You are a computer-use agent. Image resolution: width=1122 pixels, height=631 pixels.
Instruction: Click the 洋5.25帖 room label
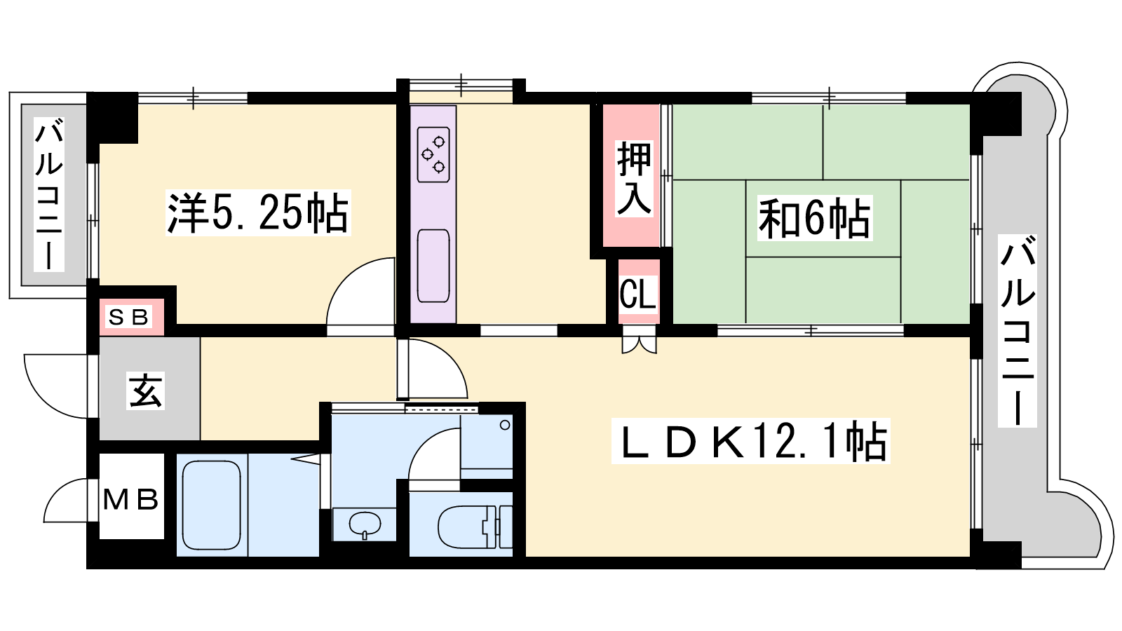click(258, 213)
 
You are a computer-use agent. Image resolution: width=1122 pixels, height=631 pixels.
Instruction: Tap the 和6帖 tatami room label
click(814, 218)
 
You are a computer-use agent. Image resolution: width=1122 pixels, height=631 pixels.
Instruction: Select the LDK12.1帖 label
click(750, 441)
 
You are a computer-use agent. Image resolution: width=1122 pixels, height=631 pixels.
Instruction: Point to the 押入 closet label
click(634, 178)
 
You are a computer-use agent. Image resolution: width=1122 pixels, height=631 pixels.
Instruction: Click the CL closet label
click(637, 294)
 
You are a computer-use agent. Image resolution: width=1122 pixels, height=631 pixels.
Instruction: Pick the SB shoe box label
click(129, 317)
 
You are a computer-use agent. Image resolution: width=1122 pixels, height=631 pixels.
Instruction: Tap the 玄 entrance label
click(145, 391)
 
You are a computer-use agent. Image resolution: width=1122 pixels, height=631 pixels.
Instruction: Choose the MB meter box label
click(130, 499)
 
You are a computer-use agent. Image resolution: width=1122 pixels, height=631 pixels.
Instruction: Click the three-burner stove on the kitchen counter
click(433, 155)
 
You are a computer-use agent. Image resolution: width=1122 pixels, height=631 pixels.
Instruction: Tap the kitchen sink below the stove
click(433, 266)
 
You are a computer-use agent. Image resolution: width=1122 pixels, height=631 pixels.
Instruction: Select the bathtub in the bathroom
click(211, 504)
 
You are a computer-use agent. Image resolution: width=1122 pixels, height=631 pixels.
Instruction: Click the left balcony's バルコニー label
click(48, 194)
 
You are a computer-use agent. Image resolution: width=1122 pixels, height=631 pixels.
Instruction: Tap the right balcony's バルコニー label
click(1017, 331)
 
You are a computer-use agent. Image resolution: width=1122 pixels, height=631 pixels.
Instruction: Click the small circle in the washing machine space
click(505, 425)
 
